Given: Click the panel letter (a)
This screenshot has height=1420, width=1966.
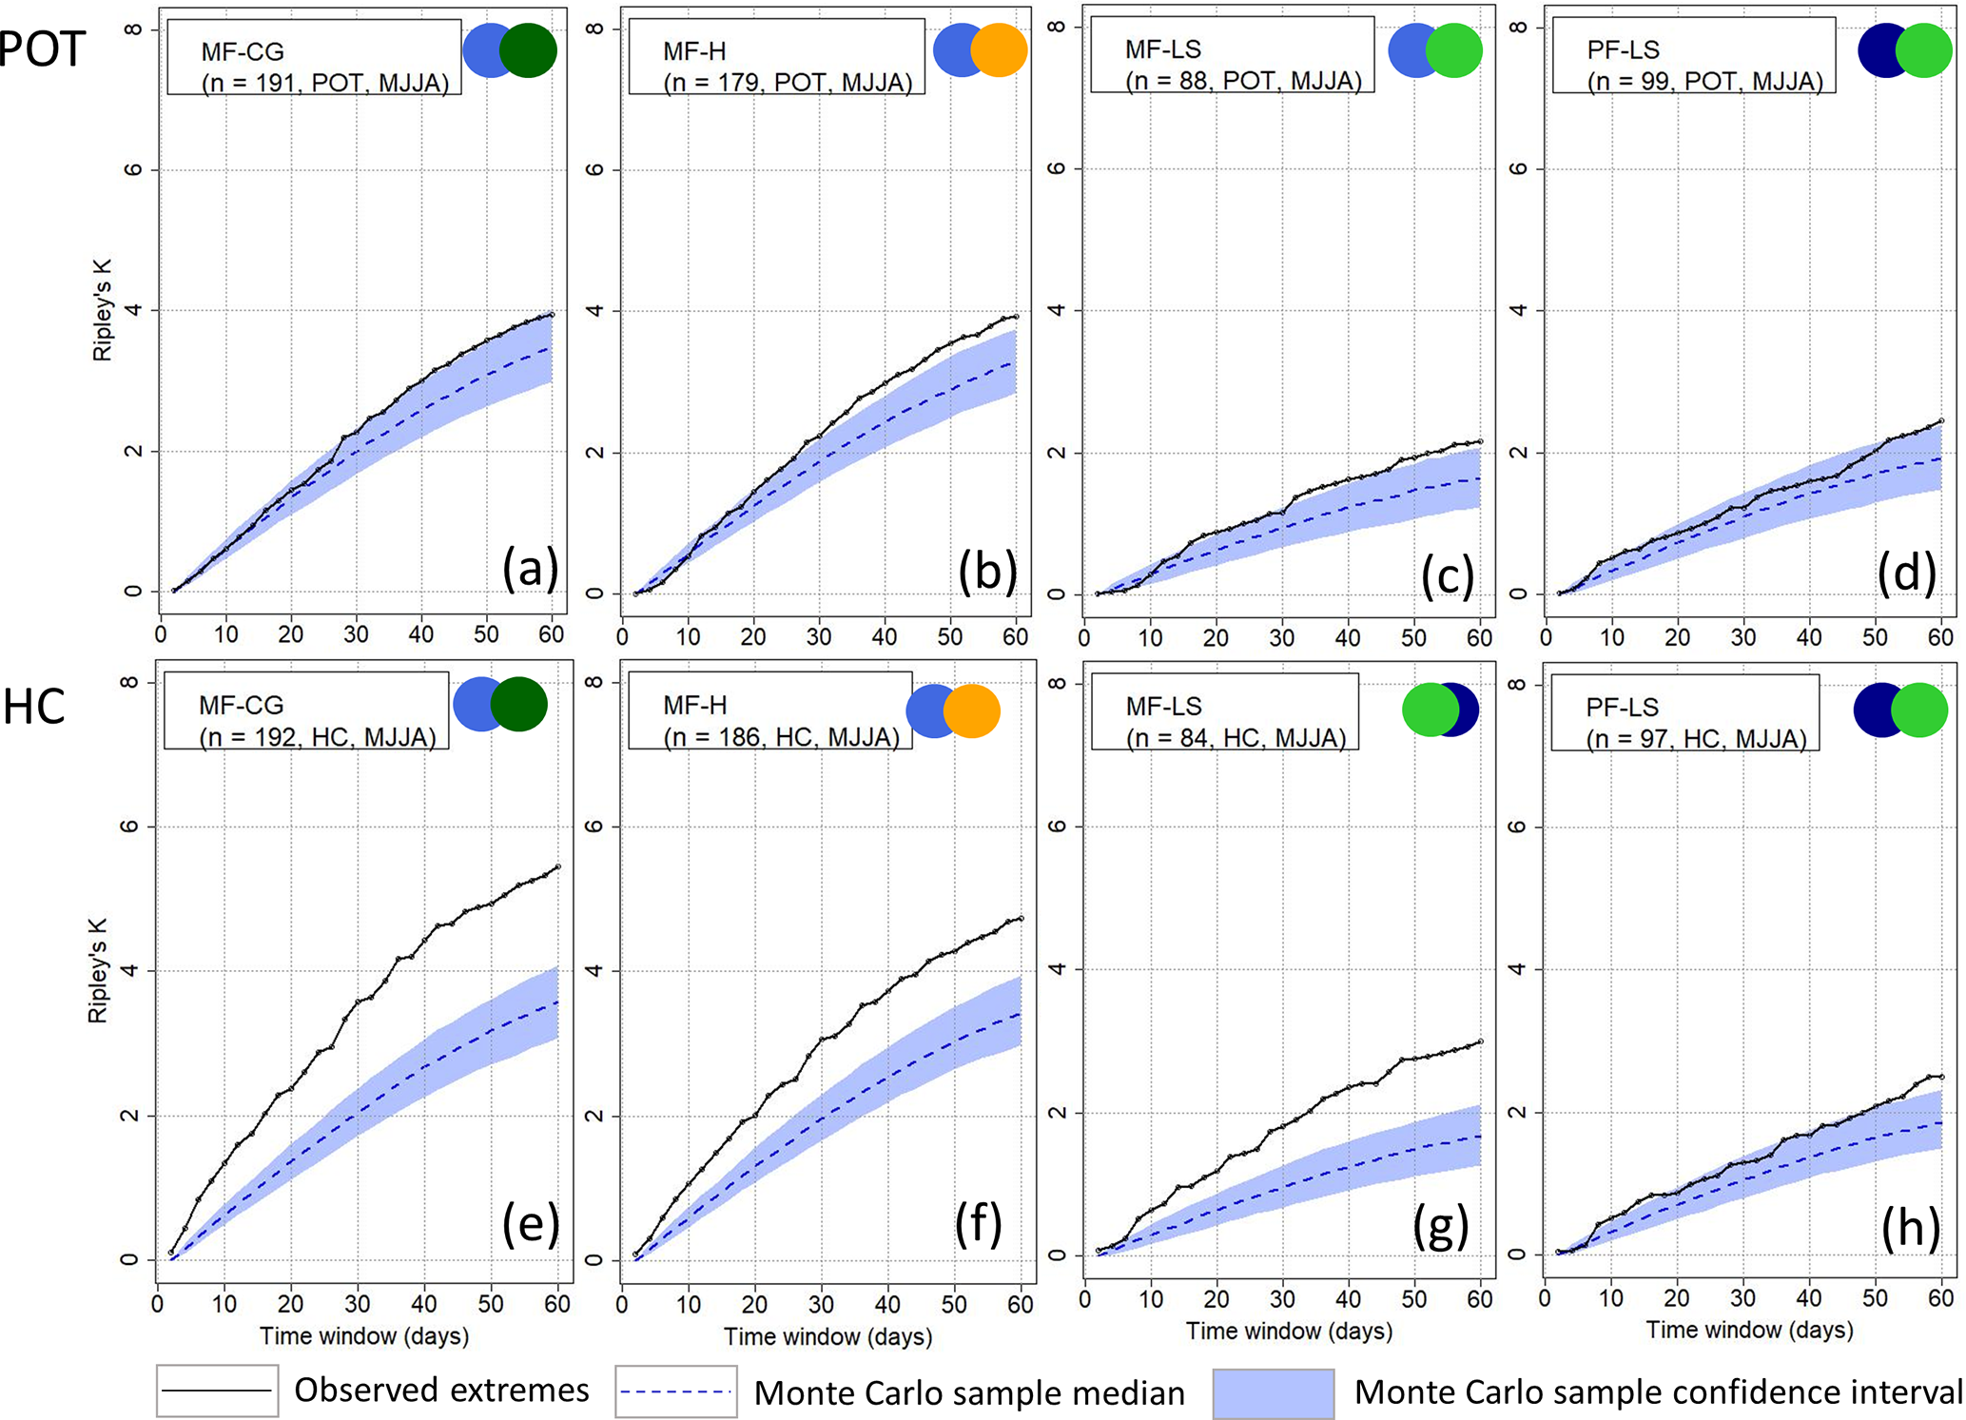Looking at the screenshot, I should point(530,570).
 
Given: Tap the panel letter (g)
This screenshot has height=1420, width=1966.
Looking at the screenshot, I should point(1441,1227).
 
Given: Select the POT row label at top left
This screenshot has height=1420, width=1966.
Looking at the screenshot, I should point(43,49).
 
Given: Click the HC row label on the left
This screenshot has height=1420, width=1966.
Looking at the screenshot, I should point(34,708).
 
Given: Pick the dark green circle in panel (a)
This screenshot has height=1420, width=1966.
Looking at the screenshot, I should point(529,49).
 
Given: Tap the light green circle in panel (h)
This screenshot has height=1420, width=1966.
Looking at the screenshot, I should point(1919,710).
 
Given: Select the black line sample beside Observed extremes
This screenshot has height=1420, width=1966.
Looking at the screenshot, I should point(217,1391).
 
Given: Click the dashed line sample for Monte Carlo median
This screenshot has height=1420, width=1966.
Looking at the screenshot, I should point(675,1391).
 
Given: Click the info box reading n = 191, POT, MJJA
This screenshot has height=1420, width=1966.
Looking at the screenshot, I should point(314,57).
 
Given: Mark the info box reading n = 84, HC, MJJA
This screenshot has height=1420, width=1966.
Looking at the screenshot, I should point(1224,712).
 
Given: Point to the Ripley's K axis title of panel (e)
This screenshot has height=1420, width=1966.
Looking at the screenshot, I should point(98,970).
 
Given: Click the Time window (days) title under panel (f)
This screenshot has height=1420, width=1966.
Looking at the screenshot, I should point(827,1336).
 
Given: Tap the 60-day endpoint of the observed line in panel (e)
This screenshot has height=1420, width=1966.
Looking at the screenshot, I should point(557,866).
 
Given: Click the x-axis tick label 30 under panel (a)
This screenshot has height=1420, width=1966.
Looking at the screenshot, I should point(356,634).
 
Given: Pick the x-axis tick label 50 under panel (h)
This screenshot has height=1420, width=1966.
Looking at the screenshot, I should point(1875,1298).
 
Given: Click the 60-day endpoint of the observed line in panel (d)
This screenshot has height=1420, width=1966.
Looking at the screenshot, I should point(1940,420).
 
